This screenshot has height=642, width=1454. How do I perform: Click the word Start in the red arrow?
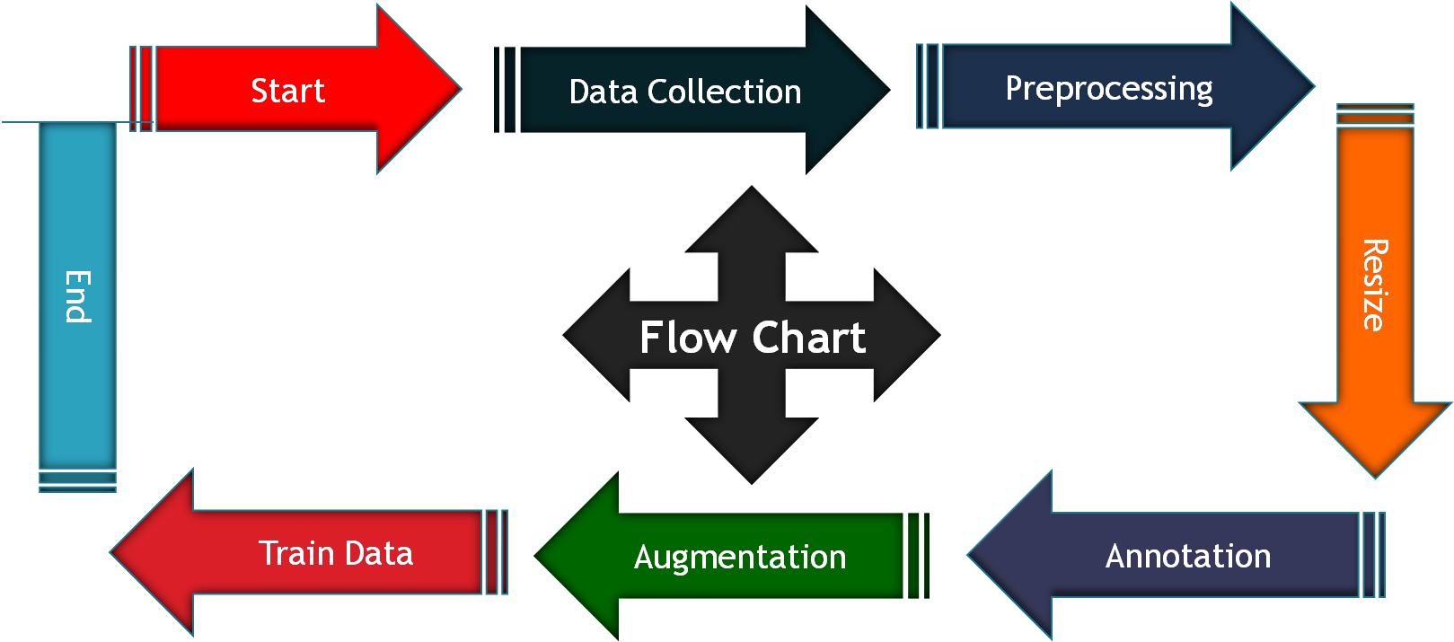click(x=287, y=91)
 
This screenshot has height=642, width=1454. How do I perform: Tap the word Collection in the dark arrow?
click(x=724, y=92)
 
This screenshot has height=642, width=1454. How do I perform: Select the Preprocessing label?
click(x=1108, y=89)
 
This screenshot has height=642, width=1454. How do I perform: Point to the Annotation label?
click(x=1187, y=556)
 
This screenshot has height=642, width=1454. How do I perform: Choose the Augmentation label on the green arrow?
click(x=740, y=557)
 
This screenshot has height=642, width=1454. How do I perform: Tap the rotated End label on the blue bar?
click(x=78, y=296)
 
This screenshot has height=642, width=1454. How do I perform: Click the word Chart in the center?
click(x=808, y=338)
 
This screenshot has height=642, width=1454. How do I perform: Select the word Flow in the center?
click(x=688, y=338)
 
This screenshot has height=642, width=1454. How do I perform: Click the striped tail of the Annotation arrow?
click(x=1373, y=555)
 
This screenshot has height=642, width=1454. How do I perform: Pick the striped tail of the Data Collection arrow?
click(x=506, y=90)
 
